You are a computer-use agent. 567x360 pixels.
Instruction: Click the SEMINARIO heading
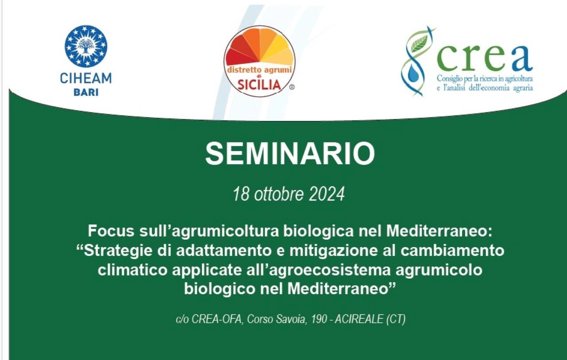290,154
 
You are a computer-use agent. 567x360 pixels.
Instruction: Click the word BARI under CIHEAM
86,92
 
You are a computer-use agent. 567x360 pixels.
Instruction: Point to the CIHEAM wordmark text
86,78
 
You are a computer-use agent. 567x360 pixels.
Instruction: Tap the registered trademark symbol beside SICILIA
291,87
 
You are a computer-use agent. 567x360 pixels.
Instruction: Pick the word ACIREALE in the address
359,319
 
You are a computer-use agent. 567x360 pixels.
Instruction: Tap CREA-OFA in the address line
217,319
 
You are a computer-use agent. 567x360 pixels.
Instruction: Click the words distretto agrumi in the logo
260,70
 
